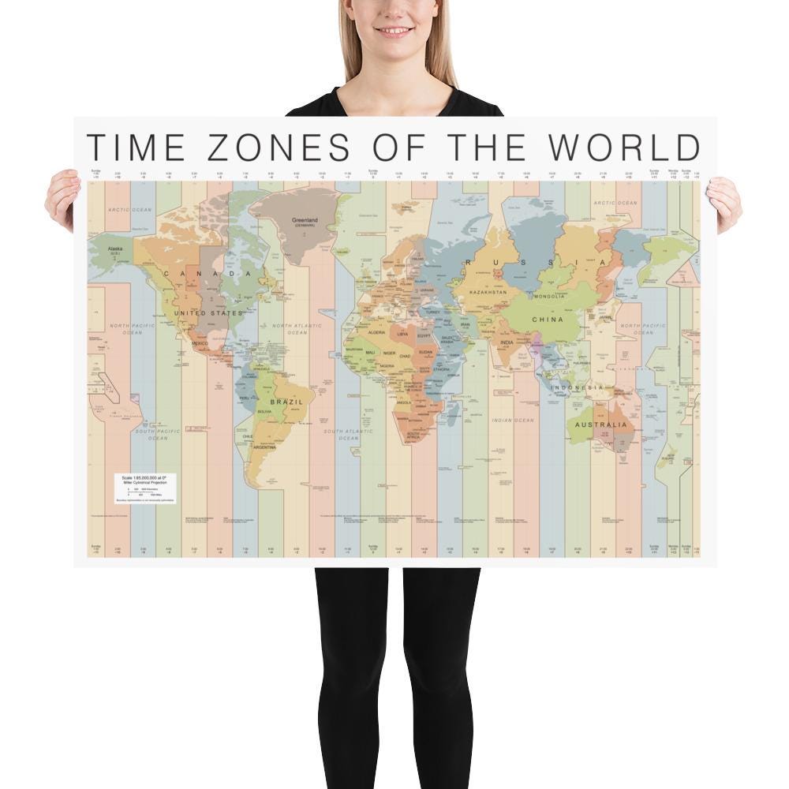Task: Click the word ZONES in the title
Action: click(272, 148)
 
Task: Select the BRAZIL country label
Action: click(286, 402)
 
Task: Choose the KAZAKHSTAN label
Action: click(488, 292)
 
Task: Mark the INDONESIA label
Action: click(577, 387)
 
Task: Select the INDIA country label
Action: click(507, 342)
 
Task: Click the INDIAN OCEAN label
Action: click(512, 421)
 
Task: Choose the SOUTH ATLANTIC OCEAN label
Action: click(348, 434)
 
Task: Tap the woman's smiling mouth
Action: click(394, 32)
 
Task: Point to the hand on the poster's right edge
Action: click(724, 204)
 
